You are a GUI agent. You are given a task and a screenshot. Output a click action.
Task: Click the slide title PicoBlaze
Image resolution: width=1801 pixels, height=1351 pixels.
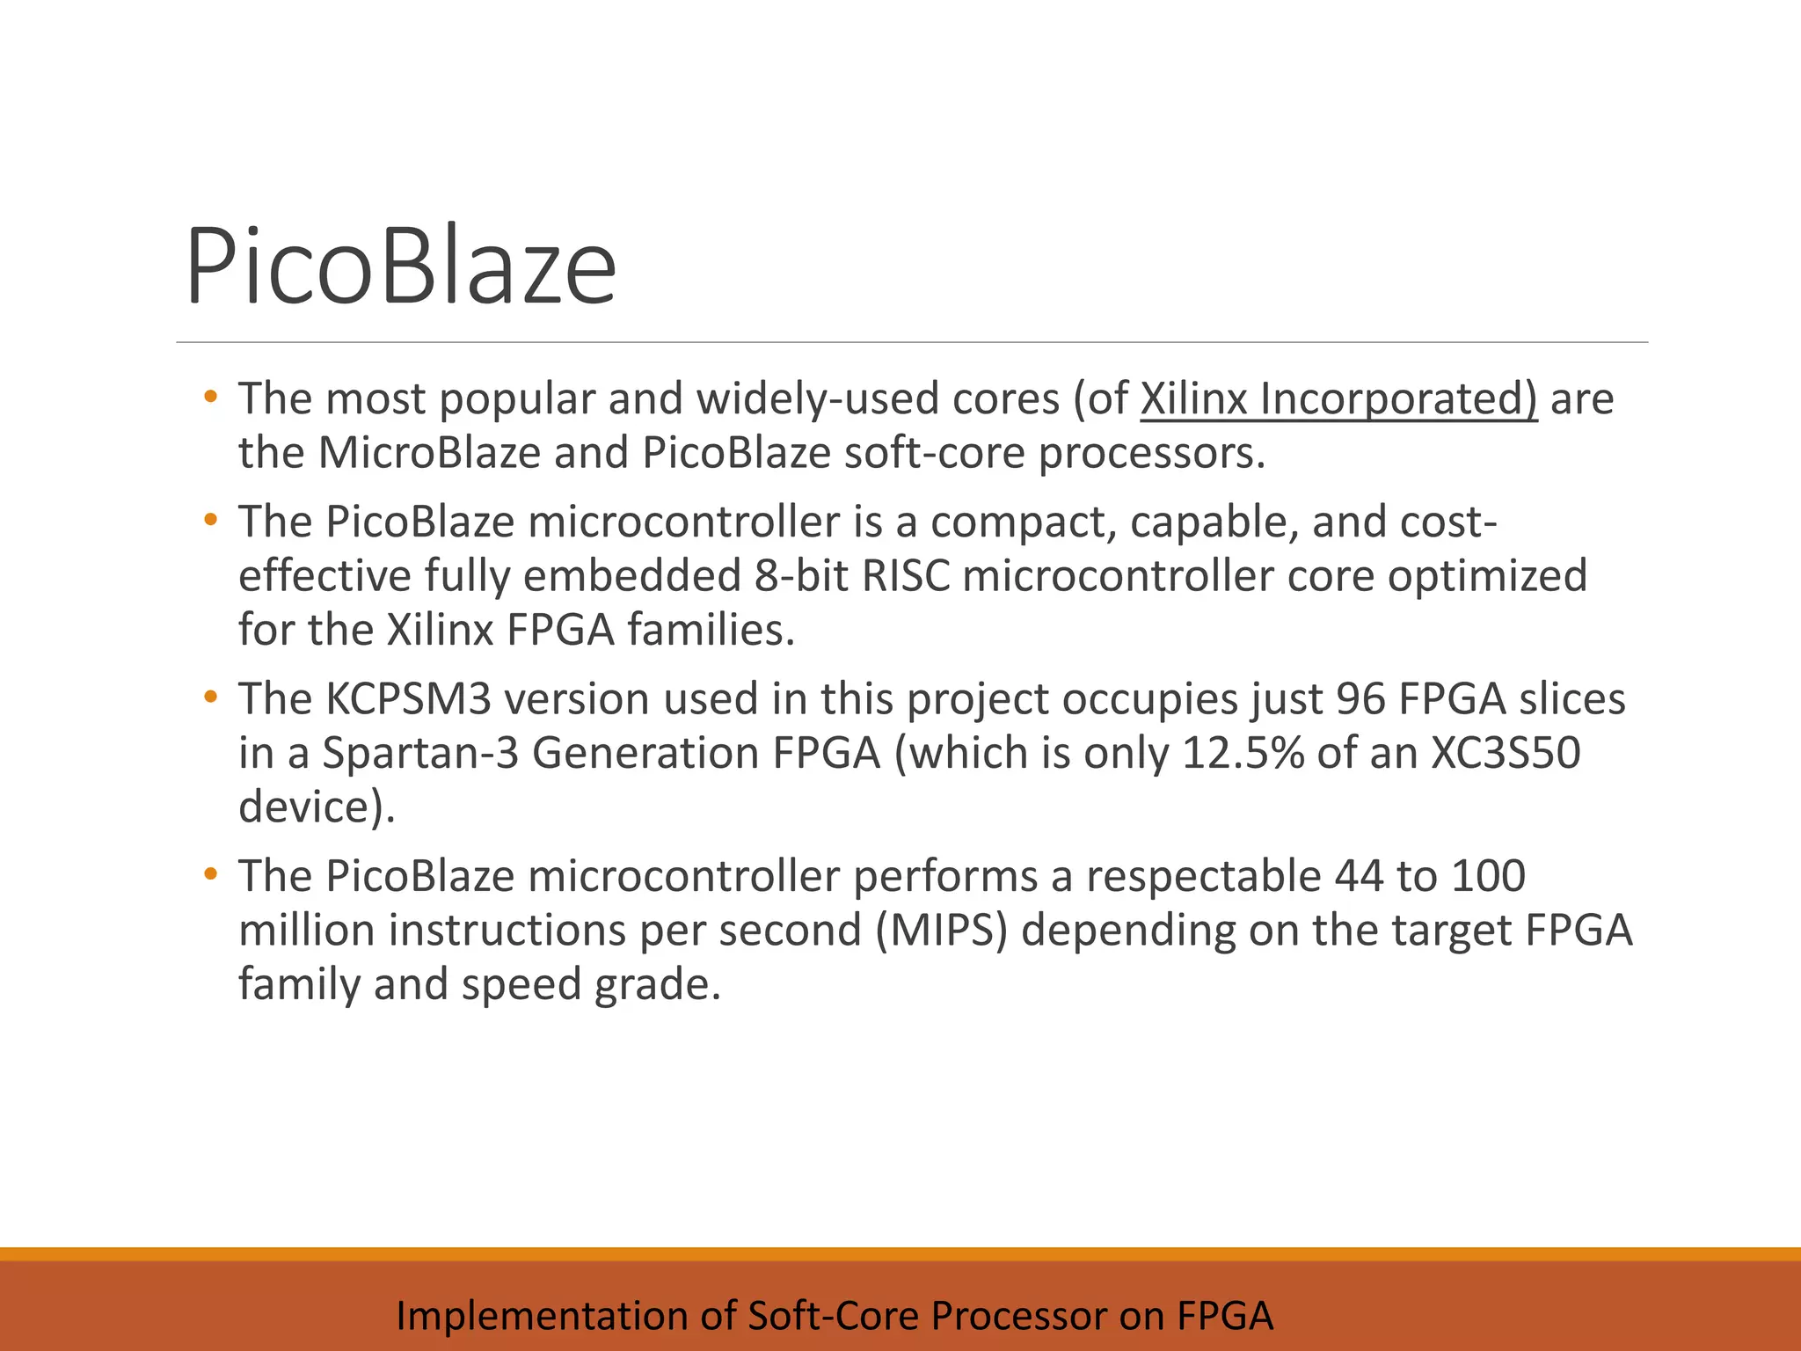(400, 266)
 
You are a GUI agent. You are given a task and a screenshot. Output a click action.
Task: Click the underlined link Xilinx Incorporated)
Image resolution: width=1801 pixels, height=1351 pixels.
(1338, 398)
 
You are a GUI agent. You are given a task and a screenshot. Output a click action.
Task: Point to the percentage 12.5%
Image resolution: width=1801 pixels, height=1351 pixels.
(1243, 753)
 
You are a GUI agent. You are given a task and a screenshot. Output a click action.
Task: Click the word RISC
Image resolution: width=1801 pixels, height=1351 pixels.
(906, 576)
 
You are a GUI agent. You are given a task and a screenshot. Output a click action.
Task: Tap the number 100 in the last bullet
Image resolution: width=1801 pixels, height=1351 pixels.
(1488, 876)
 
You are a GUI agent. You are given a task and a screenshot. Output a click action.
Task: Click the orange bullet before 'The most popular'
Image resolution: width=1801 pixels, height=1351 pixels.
(209, 398)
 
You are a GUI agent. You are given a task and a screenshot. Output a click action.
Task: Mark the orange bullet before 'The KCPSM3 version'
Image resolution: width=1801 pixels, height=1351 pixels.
(209, 698)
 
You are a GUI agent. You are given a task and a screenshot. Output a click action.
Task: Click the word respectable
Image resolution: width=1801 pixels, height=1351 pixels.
(1202, 876)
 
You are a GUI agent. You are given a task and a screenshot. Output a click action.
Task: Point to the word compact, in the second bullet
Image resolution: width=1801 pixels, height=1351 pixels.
(1023, 522)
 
